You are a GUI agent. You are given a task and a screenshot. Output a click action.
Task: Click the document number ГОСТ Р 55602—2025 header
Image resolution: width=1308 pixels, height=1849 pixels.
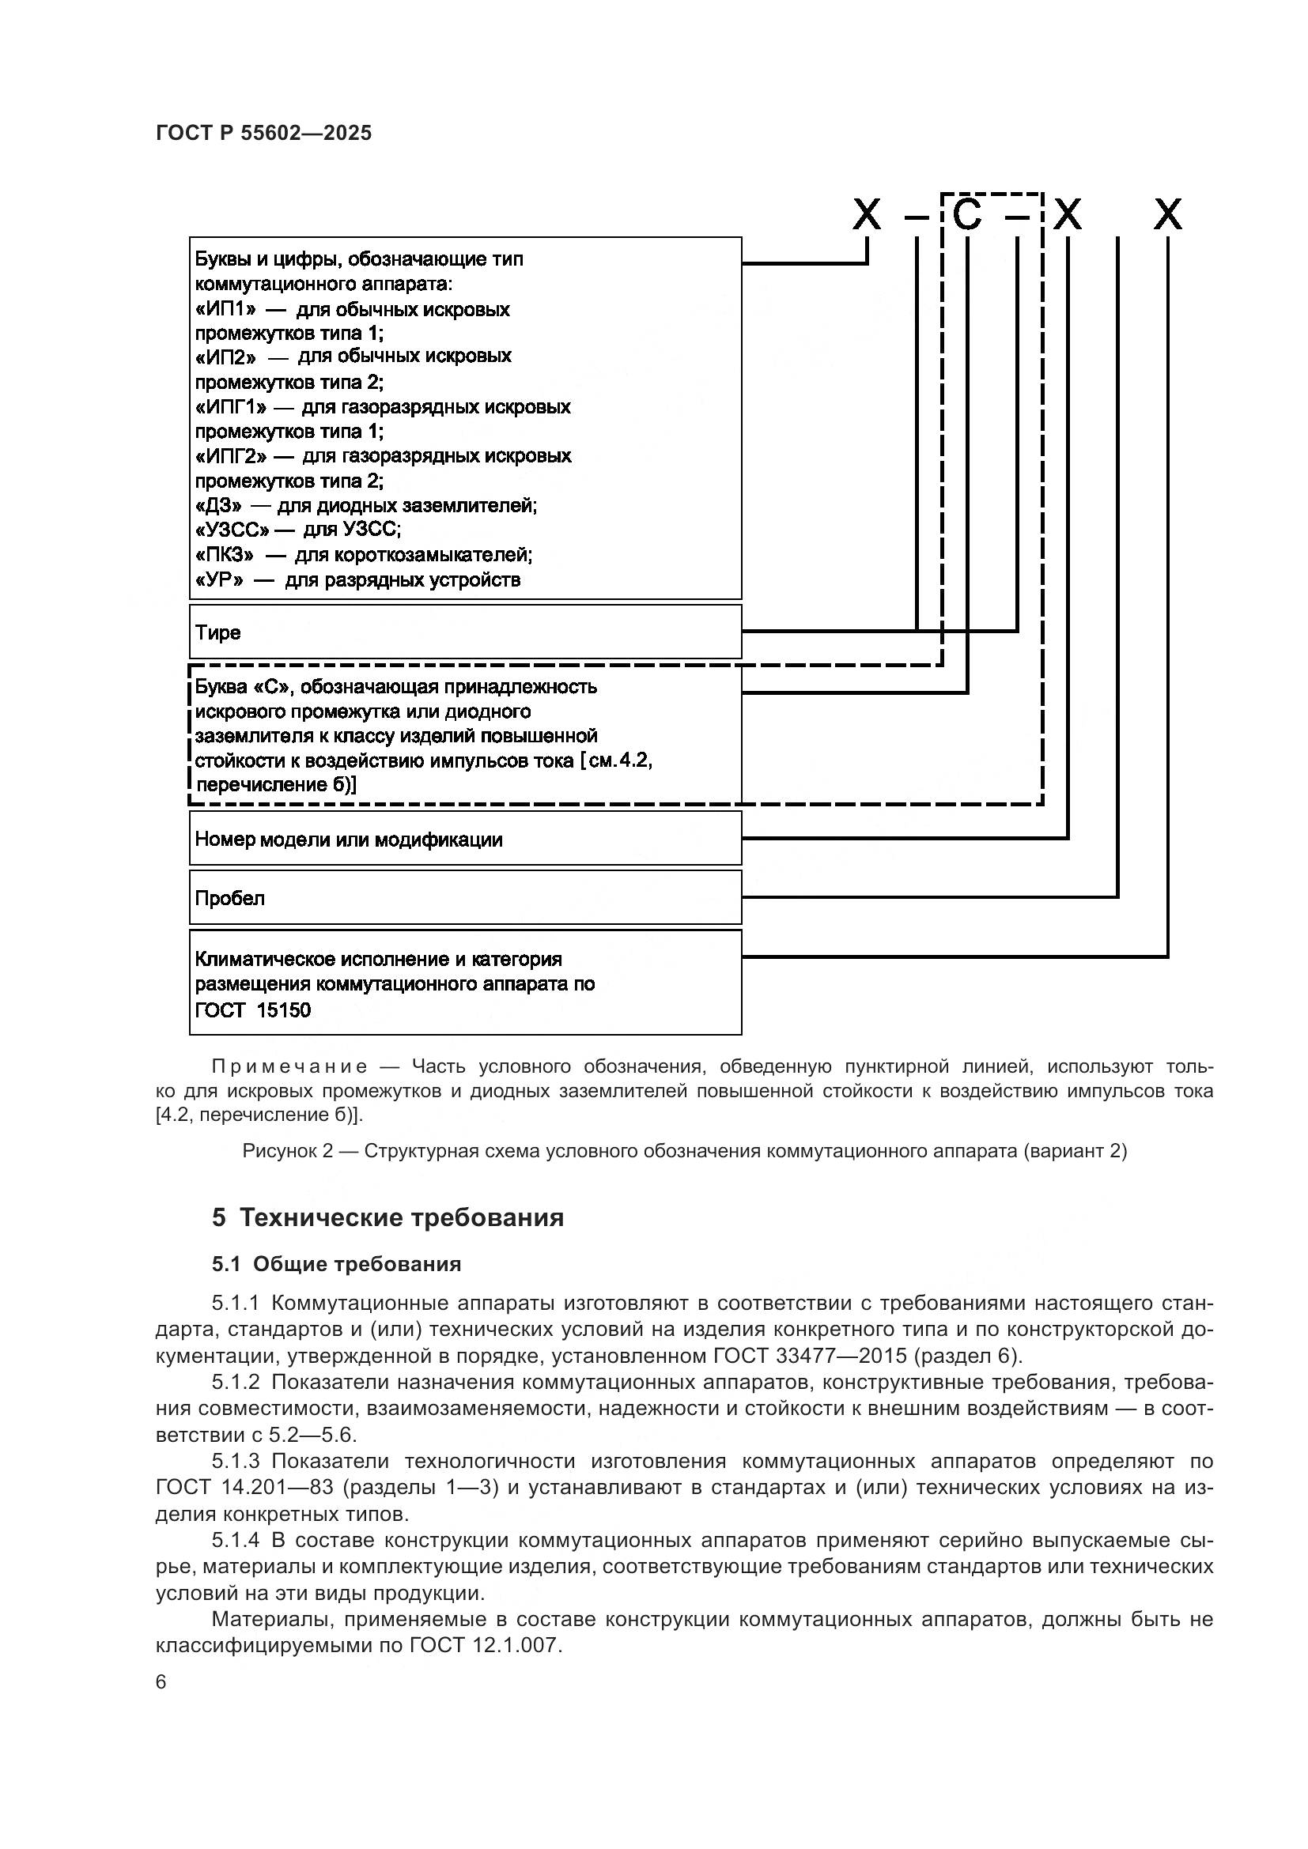coord(263,133)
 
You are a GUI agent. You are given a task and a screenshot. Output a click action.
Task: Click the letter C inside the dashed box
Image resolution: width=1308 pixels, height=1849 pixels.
coord(967,215)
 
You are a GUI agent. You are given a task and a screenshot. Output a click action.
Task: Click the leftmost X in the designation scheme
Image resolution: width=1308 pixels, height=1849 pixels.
coord(867,215)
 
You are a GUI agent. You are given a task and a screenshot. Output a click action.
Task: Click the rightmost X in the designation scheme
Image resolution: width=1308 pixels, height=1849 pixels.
coord(1168,215)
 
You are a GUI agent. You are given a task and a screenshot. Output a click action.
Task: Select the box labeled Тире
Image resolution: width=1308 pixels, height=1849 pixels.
coord(465,632)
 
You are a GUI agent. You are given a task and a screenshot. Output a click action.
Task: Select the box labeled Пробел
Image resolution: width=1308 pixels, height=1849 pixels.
coord(465,897)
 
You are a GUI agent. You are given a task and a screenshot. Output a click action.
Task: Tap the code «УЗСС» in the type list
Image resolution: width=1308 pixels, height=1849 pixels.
coord(232,530)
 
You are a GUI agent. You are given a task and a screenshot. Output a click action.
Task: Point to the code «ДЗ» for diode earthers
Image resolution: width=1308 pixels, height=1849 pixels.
coord(218,506)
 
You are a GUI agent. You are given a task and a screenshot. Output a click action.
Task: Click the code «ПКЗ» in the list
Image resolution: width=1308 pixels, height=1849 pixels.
coord(225,555)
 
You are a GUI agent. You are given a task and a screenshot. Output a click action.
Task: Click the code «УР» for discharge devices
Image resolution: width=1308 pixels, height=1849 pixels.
coord(219,579)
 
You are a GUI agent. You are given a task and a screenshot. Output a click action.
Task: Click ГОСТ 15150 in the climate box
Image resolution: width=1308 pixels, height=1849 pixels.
coord(252,1009)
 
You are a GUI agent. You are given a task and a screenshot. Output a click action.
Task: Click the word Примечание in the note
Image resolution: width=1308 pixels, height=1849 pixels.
coord(289,1067)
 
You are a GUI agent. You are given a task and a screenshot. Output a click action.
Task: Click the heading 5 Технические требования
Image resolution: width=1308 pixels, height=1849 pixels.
coord(387,1217)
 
